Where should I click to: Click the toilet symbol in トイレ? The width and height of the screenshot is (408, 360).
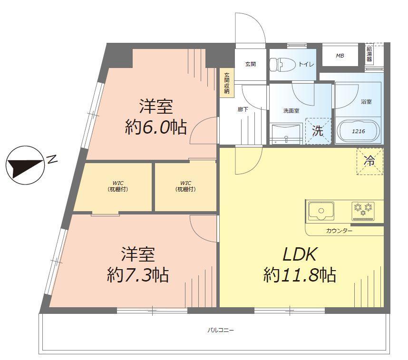click(x=281, y=64)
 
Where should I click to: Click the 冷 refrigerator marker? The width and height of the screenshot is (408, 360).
click(x=369, y=161)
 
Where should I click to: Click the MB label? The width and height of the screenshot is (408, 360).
click(x=340, y=56)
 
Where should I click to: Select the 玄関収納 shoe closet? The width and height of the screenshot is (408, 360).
click(x=227, y=83)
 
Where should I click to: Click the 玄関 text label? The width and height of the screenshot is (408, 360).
click(x=251, y=64)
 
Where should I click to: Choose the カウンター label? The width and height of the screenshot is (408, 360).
click(x=340, y=231)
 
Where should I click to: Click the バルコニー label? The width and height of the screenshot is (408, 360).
click(x=221, y=330)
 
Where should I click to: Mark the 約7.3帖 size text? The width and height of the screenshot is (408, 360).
click(x=138, y=274)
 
